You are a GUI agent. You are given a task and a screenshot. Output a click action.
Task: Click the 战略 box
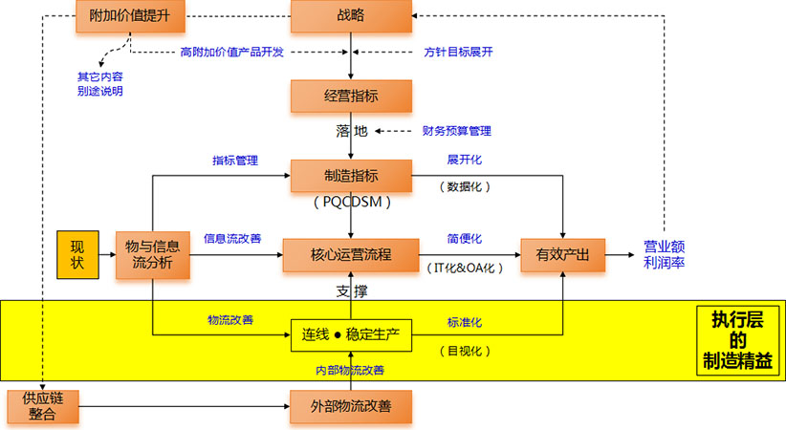[351, 17]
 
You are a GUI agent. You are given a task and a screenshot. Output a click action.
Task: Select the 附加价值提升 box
[131, 17]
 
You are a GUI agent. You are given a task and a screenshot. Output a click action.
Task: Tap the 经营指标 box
[351, 96]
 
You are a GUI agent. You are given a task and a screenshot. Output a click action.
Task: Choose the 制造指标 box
[351, 176]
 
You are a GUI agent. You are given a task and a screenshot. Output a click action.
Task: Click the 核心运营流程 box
[351, 255]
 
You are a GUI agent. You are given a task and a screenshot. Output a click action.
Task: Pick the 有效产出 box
[561, 255]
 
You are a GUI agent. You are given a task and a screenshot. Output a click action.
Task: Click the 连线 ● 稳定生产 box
[351, 334]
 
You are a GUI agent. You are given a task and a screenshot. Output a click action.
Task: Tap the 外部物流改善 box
[351, 407]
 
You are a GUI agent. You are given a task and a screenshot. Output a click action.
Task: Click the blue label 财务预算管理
[456, 130]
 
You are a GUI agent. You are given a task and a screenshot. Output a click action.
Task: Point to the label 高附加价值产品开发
[231, 52]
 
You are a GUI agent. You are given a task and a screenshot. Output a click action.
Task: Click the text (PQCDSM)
[351, 204]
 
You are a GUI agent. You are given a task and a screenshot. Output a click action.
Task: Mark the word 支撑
[351, 290]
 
